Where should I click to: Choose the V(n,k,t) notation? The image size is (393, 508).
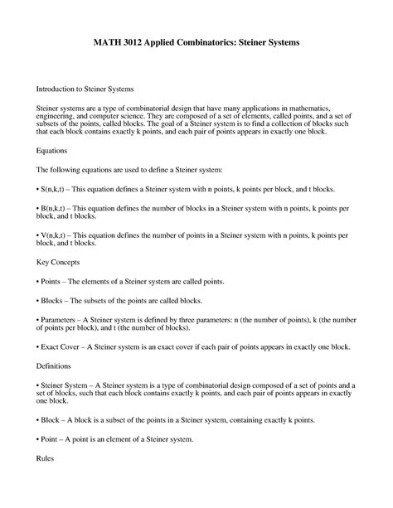[58, 236]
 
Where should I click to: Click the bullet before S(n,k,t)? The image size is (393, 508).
[38, 189]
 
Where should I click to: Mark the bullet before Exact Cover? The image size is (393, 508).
[38, 346]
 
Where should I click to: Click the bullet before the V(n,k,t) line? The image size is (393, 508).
[38, 236]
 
